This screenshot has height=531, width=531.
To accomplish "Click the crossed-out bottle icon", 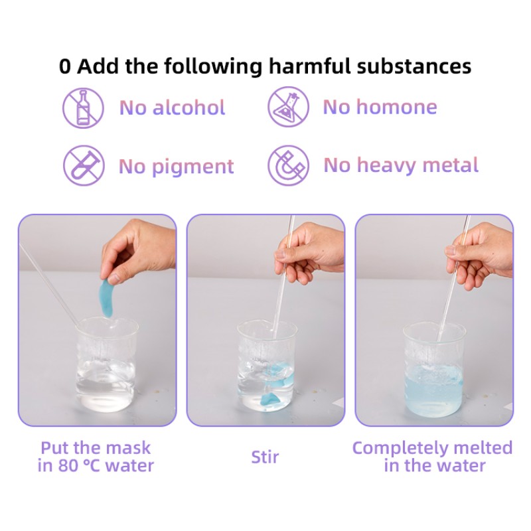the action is (83, 108).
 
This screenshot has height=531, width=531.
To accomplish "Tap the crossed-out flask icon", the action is (288, 107).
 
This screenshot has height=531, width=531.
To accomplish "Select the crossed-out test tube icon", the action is (84, 165).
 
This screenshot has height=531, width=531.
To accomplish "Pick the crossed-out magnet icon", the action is (288, 165).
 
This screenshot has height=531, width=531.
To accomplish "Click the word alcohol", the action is (189, 108).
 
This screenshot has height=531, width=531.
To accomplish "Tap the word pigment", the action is (192, 167).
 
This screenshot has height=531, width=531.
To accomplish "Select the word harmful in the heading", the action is (309, 65).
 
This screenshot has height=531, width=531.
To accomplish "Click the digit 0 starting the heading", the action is (64, 66).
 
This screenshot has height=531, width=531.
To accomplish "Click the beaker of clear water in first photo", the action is (107, 364).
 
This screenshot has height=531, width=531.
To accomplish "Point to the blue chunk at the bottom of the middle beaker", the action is (270, 400).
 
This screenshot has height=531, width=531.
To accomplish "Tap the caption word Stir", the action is (265, 457).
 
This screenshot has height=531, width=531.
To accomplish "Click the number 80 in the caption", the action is (68, 466).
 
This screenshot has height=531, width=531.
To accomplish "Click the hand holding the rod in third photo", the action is (479, 256).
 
